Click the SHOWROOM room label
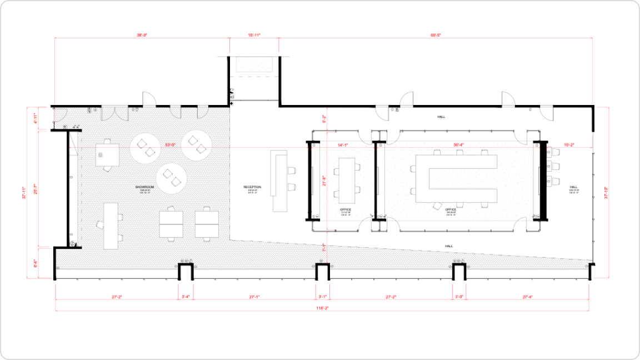pyautogui.click(x=144, y=187)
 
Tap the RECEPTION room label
pyautogui.click(x=252, y=187)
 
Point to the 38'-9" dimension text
pyautogui.click(x=142, y=35)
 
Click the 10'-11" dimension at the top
pyautogui.click(x=254, y=35)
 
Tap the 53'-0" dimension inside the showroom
pyautogui.click(x=169, y=144)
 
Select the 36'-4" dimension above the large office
pyautogui.click(x=459, y=144)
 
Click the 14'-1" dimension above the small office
pyautogui.click(x=343, y=144)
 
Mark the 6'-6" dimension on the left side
pyautogui.click(x=35, y=263)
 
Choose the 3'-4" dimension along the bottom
pyautogui.click(x=185, y=297)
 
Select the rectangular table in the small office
pyautogui.click(x=347, y=178)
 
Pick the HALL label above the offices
pyautogui.click(x=441, y=117)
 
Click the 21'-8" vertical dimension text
pyautogui.click(x=324, y=181)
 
